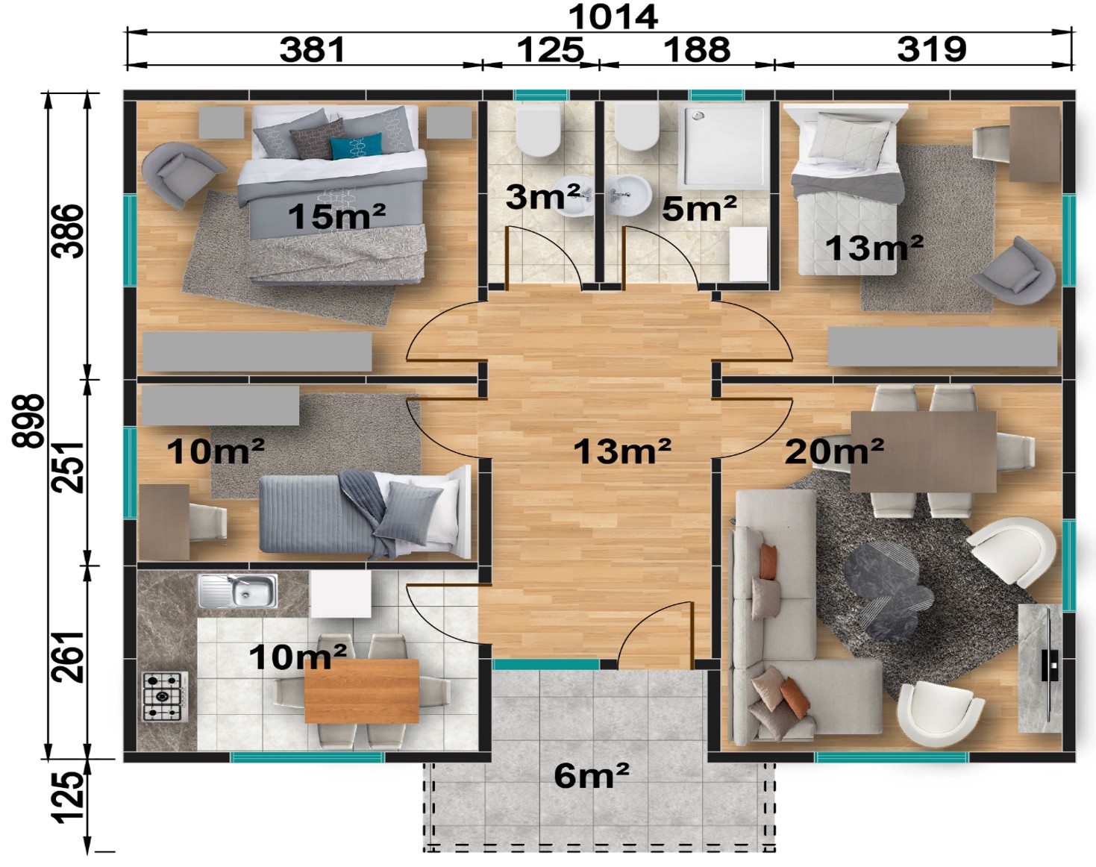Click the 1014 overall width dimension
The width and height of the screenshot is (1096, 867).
(x=613, y=17)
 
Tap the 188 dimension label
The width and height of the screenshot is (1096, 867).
(x=697, y=49)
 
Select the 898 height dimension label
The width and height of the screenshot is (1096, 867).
(x=28, y=421)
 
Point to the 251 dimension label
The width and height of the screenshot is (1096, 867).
(x=68, y=466)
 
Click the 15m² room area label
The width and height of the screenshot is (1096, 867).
(x=336, y=216)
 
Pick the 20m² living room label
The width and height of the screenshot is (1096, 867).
(x=834, y=451)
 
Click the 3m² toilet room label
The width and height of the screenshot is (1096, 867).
(x=543, y=197)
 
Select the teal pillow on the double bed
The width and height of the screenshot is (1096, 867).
(x=356, y=146)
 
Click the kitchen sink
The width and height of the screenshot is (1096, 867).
(x=238, y=592)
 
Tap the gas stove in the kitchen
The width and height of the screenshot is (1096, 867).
(x=165, y=696)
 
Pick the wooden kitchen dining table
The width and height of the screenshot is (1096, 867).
(x=362, y=691)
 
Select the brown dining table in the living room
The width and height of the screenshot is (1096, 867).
(x=924, y=452)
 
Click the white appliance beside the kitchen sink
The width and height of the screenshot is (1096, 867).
(x=340, y=593)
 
